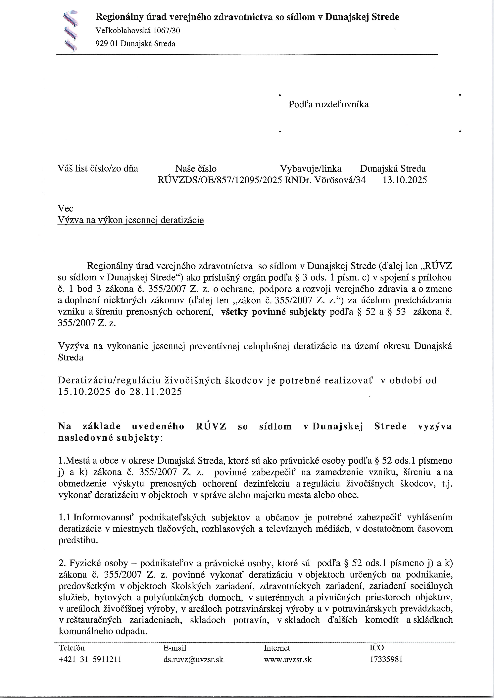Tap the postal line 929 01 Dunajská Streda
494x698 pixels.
(x=135, y=44)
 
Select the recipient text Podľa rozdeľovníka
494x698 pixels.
(x=328, y=104)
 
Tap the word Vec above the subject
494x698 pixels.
(x=65, y=208)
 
